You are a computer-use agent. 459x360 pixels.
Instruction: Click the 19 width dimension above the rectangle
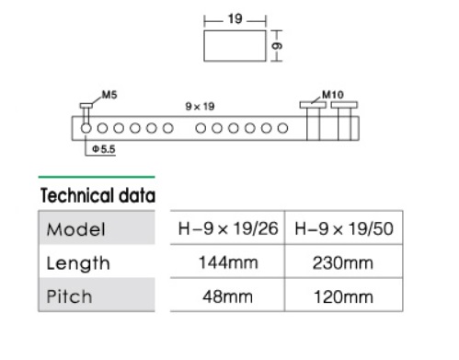(235, 19)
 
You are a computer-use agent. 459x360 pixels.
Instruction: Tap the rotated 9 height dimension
(277, 46)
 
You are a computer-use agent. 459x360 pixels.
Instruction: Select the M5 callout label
(109, 95)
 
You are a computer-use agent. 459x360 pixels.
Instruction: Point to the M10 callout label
(333, 95)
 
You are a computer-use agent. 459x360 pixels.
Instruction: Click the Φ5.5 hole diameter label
(104, 149)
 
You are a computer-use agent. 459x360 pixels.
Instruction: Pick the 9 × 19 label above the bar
(200, 107)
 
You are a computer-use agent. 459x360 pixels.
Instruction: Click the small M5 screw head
(86, 106)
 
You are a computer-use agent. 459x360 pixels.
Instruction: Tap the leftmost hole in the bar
(86, 128)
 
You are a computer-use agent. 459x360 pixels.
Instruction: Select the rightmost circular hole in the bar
(282, 128)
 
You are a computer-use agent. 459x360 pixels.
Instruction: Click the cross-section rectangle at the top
(235, 46)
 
